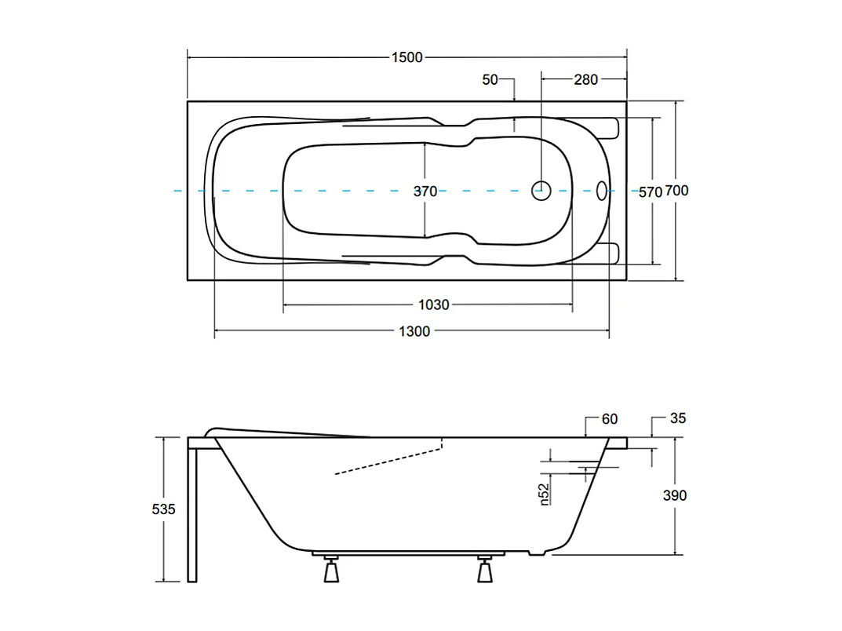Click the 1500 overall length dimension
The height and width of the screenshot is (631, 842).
tap(406, 57)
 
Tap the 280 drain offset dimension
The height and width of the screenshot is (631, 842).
tap(585, 79)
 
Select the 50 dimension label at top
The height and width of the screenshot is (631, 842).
tap(490, 79)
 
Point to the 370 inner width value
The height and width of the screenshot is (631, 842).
tap(425, 191)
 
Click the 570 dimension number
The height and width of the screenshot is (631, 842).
tap(650, 191)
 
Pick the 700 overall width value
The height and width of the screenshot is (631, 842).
tap(676, 191)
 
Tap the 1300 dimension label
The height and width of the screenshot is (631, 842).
tap(414, 331)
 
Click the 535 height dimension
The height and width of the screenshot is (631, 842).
tap(163, 509)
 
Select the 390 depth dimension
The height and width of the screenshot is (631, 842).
tap(675, 495)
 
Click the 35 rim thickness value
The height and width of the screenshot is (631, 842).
tap(678, 418)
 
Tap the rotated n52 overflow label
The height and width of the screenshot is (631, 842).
tap(544, 494)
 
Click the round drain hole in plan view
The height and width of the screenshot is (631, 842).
tap(541, 190)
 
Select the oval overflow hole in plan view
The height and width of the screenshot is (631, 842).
tap(602, 190)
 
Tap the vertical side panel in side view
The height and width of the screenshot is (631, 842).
tap(192, 514)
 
